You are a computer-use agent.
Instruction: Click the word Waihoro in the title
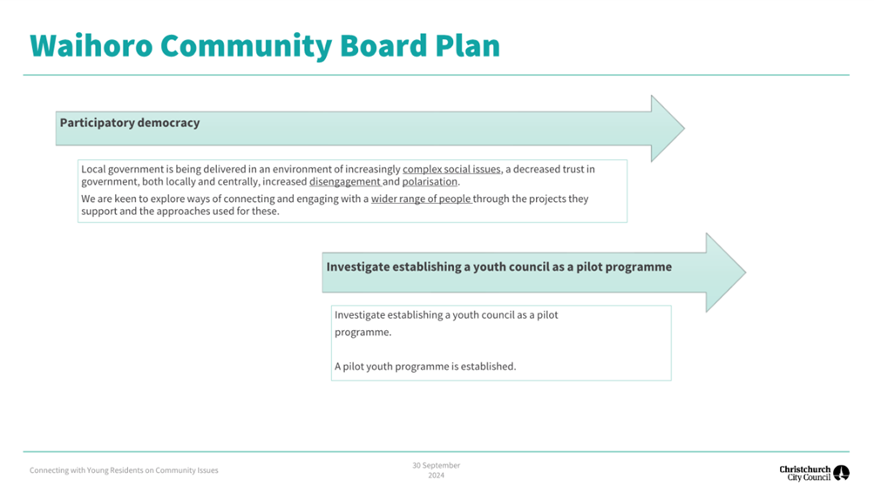click(91, 45)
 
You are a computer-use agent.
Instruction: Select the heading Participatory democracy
click(130, 123)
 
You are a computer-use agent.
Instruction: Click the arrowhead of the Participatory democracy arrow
click(667, 128)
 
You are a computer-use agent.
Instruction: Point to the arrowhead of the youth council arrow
click(726, 273)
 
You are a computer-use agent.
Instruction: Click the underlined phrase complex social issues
click(451, 169)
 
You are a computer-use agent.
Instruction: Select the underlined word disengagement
click(344, 182)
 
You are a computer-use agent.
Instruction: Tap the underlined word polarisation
click(430, 182)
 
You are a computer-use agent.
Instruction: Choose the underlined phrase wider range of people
click(421, 199)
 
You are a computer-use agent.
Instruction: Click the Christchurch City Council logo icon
click(841, 473)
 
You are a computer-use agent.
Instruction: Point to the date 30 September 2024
click(437, 470)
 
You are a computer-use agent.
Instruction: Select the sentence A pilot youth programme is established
click(425, 367)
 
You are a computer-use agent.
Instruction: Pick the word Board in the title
click(383, 45)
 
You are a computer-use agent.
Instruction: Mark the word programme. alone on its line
click(362, 333)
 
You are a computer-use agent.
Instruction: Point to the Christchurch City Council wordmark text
click(805, 473)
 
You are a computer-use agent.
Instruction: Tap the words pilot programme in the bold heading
click(624, 267)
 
